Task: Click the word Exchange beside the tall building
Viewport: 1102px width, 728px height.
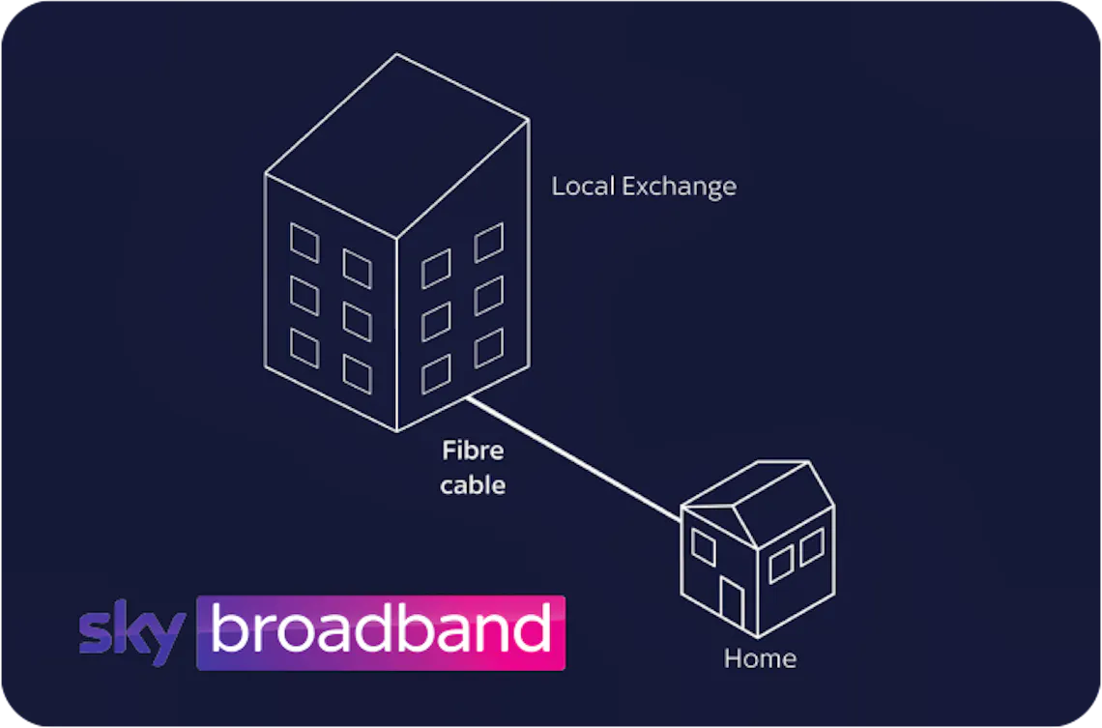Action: tap(680, 187)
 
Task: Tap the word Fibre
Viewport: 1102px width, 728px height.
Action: tap(473, 451)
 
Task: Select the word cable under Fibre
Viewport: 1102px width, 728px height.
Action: tap(473, 485)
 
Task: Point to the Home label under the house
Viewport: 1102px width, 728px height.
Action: tap(760, 658)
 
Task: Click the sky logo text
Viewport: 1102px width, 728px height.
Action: tap(132, 631)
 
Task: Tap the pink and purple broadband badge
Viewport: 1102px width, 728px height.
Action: tap(381, 632)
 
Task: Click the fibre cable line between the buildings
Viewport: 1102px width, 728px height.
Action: tap(574, 459)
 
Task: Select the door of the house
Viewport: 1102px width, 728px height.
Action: tap(732, 603)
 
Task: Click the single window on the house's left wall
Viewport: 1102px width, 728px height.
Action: tap(704, 547)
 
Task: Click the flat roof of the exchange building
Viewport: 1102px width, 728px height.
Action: tap(397, 145)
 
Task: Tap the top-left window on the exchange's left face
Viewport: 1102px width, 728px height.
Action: tap(304, 243)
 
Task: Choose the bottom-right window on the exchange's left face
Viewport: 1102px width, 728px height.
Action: tap(357, 374)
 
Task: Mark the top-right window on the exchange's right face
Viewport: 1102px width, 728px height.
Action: tap(489, 243)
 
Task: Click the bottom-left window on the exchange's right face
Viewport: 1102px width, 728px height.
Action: tap(436, 374)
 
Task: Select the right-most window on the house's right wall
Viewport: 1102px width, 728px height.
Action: tap(812, 547)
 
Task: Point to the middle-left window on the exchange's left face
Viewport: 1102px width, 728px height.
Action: tap(304, 296)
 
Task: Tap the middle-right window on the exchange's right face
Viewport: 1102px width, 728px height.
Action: tap(489, 296)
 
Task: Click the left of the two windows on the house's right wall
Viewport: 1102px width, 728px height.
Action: tap(781, 565)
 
